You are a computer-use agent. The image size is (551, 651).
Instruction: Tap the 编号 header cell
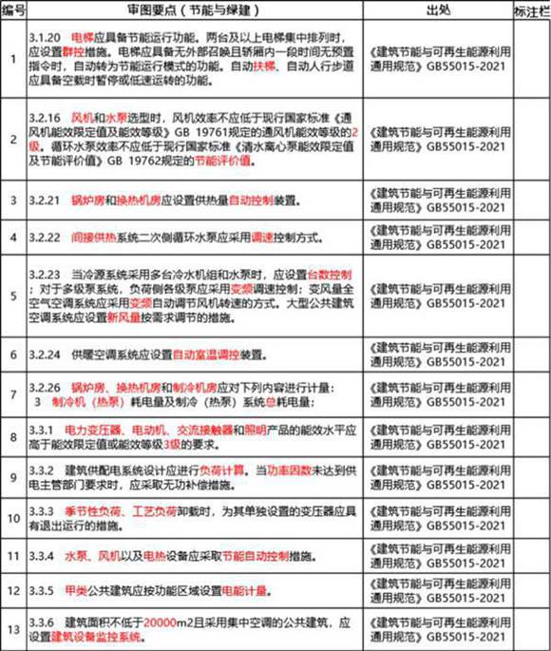(13, 10)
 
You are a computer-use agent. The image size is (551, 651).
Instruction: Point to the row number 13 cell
(13, 626)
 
